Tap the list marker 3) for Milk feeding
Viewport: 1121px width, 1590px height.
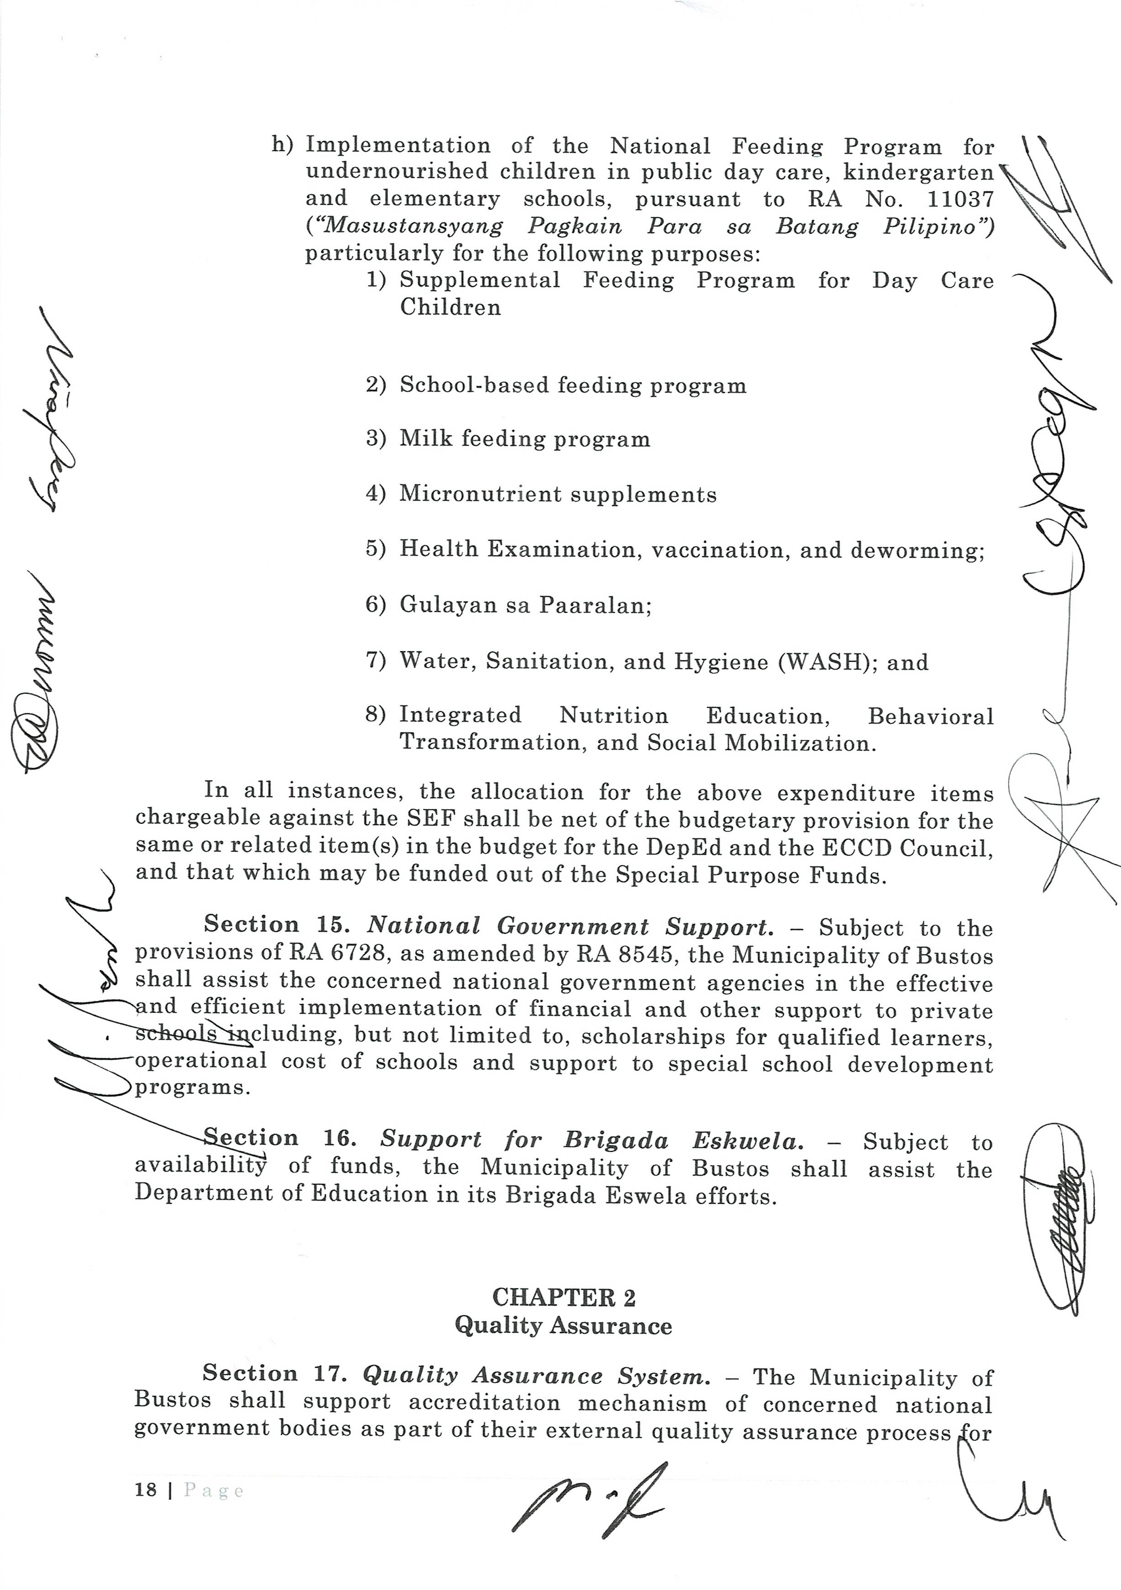click(x=375, y=439)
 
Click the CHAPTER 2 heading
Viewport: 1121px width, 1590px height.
click(x=563, y=1297)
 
